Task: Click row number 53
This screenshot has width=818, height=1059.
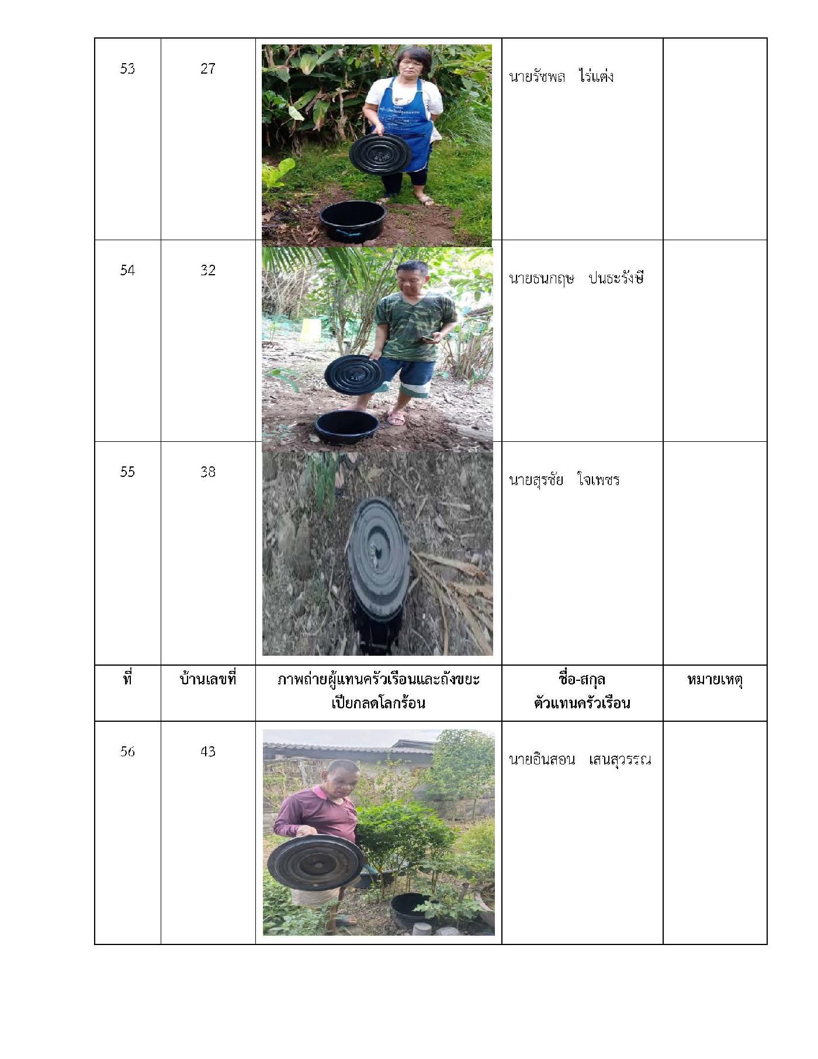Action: point(127,68)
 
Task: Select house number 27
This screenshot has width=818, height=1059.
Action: point(208,68)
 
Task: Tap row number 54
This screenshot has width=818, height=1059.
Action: point(127,270)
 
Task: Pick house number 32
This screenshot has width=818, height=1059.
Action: point(208,270)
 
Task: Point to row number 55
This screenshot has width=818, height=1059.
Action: point(127,472)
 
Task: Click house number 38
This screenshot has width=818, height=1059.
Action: point(208,472)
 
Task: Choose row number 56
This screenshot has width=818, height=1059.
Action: point(127,751)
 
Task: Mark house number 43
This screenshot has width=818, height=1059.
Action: point(208,751)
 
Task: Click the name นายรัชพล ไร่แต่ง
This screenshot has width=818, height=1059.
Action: point(561,76)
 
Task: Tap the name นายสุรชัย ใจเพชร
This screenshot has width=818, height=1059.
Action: point(564,479)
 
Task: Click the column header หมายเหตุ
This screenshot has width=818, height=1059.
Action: point(715,680)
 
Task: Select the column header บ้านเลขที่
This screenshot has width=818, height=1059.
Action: point(208,679)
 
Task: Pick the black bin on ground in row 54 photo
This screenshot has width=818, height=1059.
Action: point(347,426)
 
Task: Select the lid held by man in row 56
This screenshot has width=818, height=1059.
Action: point(316,862)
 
